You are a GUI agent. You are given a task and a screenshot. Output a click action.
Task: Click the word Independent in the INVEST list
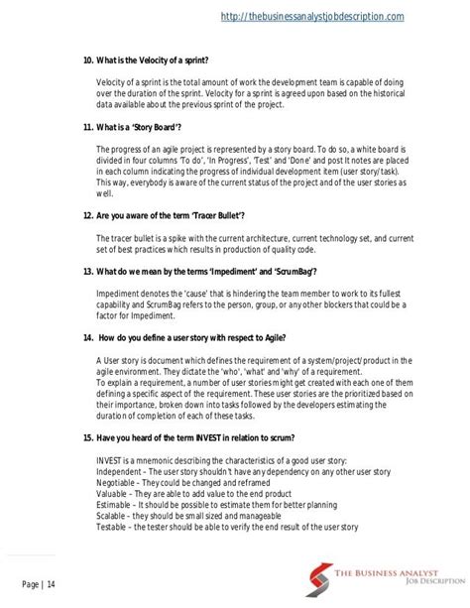point(122,475)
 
